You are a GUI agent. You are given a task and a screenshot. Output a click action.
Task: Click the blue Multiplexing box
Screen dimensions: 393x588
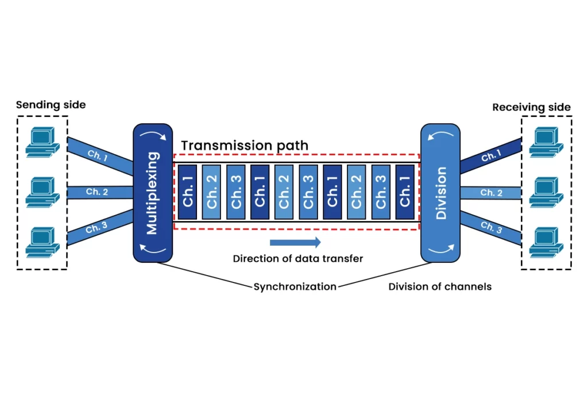153,193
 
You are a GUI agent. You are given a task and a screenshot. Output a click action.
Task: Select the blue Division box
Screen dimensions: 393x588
440,193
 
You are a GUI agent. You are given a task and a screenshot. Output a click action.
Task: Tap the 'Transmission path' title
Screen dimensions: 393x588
245,146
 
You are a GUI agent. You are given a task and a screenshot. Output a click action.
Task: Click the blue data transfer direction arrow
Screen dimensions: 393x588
295,242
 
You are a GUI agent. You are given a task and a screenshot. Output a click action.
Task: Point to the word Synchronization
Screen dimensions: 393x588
295,286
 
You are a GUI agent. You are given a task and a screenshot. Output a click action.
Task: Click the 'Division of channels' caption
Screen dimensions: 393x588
440,286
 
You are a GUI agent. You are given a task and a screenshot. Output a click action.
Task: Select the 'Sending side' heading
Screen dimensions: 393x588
51,105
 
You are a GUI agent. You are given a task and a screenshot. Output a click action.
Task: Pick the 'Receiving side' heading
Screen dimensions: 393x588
532,107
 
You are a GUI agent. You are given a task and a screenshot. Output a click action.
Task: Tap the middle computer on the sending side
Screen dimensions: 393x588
42,191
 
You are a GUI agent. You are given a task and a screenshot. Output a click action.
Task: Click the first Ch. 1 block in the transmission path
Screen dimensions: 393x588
188,192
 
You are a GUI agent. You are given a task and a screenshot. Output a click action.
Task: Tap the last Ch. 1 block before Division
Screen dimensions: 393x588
405,192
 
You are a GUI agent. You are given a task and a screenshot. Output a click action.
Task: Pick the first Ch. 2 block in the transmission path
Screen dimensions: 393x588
212,192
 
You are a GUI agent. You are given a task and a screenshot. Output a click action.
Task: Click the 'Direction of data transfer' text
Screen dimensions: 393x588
297,258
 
